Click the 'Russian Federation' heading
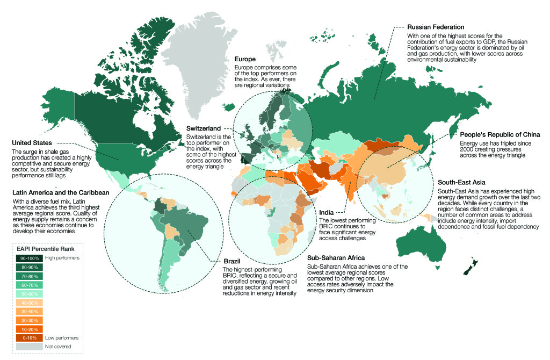[x=436, y=27]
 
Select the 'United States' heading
[x=32, y=143]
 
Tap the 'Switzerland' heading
[x=204, y=129]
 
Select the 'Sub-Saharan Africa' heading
[x=336, y=258]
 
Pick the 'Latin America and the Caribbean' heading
[x=61, y=192]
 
